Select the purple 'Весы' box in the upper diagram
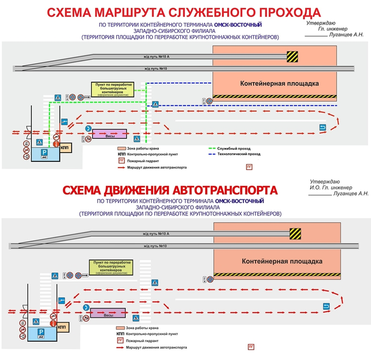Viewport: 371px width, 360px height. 109,134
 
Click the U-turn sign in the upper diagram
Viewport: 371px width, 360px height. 323,128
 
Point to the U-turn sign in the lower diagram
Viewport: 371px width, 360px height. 325,307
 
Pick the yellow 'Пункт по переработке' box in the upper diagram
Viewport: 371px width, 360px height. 112,89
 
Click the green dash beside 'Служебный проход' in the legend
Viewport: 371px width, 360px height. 213,148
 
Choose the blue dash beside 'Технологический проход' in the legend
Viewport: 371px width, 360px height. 213,154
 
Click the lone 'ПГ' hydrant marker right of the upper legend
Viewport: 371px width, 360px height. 250,166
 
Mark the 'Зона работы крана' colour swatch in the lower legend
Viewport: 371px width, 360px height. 121,327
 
